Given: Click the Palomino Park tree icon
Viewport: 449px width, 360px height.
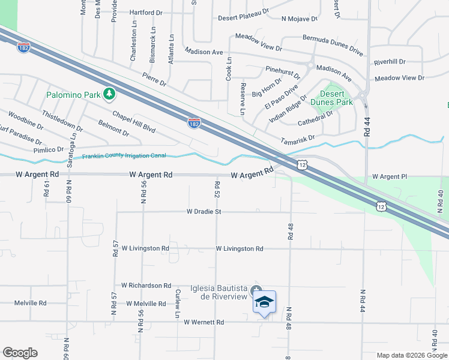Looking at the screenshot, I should click(x=109, y=94).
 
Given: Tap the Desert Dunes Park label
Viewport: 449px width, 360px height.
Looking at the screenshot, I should click(x=331, y=98).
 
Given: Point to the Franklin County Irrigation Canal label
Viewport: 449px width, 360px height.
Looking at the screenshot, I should click(x=124, y=156).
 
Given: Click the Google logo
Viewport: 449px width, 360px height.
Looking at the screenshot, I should click(x=20, y=353).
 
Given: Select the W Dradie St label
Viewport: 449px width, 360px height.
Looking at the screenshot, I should click(x=204, y=212).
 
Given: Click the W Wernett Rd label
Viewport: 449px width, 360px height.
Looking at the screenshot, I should click(x=203, y=322).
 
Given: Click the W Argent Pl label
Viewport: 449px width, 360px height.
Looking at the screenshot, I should click(x=390, y=177).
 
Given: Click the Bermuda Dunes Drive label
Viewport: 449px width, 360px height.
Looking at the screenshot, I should click(x=333, y=46).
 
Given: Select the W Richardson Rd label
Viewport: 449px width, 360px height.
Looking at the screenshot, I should click(x=146, y=286).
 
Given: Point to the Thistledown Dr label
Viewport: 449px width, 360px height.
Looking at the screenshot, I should click(x=62, y=119).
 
